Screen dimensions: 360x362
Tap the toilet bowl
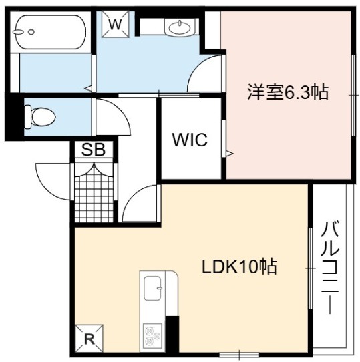coord(41,116)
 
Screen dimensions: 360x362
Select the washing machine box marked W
coord(115,24)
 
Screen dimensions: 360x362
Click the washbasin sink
coord(180,27)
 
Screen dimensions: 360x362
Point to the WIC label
coord(190,140)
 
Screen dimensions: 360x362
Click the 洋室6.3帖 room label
coord(288,92)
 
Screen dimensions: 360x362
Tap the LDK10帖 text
coord(239,266)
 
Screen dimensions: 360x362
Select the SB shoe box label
coord(94,150)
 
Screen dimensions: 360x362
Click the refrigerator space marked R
coord(89,339)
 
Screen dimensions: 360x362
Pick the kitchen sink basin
coord(152,288)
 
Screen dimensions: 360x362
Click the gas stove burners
coord(152,335)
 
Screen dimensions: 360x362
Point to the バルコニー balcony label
coord(330,267)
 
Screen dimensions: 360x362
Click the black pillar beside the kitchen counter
coord(172,334)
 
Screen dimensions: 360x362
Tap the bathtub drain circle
coord(31,32)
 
